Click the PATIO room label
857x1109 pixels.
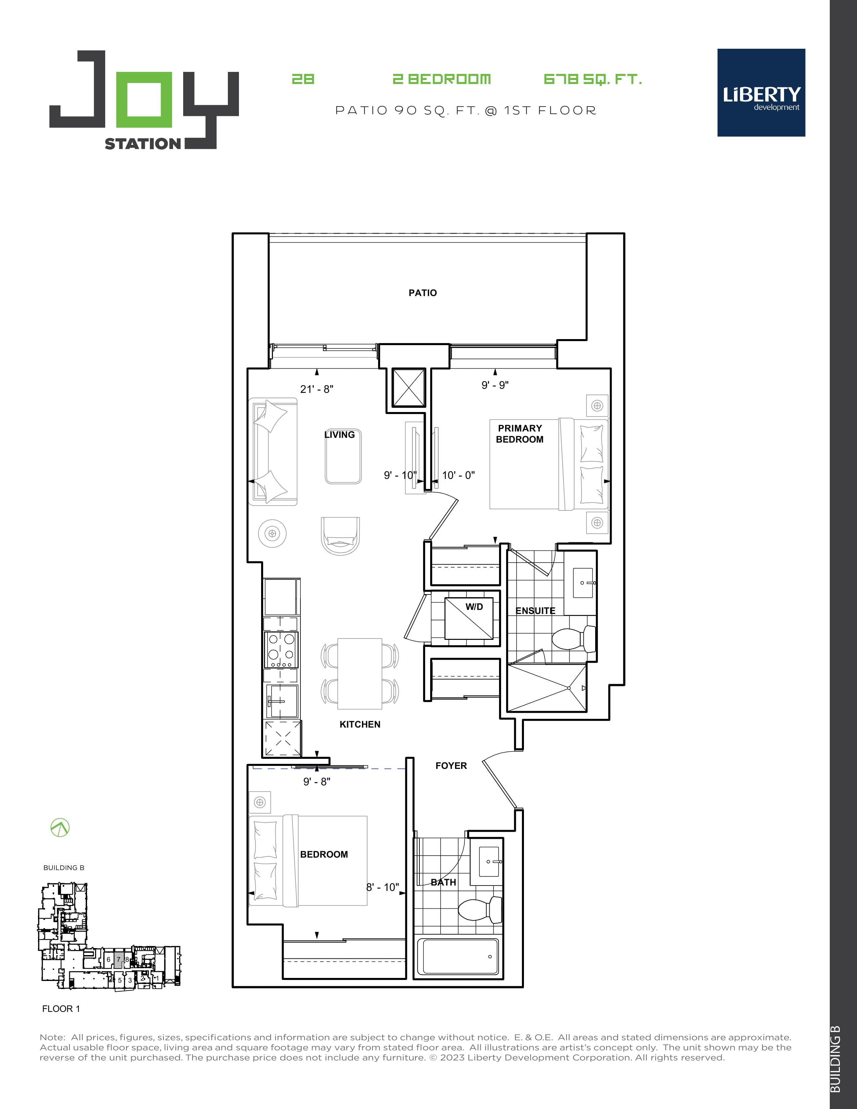click(x=422, y=293)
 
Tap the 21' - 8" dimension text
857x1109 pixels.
click(x=316, y=389)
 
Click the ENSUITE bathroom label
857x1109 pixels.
click(x=535, y=611)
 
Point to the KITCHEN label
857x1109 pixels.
click(x=360, y=725)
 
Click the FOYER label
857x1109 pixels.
click(x=451, y=766)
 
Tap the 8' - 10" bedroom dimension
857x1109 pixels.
click(x=382, y=887)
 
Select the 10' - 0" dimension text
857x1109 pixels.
click(x=458, y=475)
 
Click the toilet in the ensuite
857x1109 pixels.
click(x=574, y=639)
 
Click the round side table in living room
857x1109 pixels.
click(x=272, y=534)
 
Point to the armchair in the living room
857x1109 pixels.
click(x=340, y=536)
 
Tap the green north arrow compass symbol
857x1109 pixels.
click(x=60, y=828)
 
